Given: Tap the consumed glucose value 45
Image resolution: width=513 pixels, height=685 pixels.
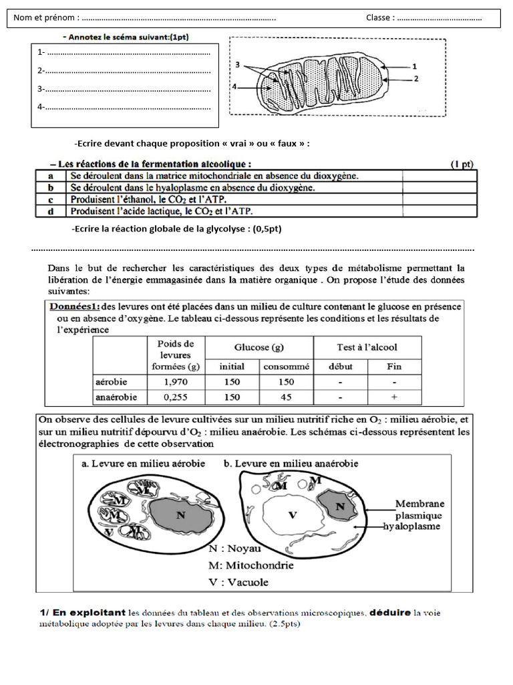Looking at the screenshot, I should click(286, 397).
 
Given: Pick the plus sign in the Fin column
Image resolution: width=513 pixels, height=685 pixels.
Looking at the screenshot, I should click(395, 397).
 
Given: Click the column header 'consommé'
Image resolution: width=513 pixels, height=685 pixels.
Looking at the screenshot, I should click(286, 367).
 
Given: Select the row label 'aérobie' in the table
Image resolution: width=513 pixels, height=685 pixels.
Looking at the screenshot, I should click(112, 382).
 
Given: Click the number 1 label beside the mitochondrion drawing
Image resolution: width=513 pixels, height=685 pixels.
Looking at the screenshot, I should click(415, 66).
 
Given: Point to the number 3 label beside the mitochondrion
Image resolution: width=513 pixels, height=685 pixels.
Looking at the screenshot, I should click(238, 65).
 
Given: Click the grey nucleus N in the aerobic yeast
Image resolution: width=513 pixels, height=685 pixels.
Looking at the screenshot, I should click(180, 515).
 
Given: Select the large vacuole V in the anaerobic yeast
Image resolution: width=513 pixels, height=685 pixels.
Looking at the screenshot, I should click(291, 515).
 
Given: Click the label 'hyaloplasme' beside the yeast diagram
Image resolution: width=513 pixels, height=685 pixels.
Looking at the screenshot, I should click(408, 526).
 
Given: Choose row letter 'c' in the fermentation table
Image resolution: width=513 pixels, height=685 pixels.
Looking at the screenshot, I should click(51, 199).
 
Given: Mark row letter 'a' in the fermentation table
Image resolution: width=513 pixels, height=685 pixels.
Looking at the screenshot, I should click(51, 176).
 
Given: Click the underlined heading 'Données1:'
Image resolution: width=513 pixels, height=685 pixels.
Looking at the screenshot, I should click(75, 306).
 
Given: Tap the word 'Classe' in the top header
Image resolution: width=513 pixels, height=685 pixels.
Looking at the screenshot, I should click(379, 17).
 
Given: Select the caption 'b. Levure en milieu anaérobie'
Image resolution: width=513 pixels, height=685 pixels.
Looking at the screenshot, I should click(291, 463).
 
